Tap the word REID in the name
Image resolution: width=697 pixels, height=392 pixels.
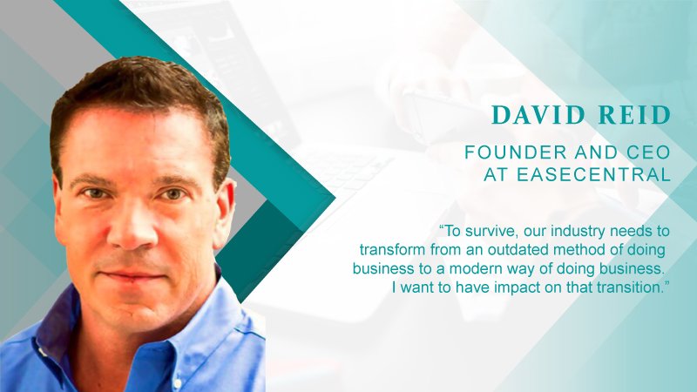click(634, 115)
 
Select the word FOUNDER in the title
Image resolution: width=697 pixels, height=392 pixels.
click(516, 152)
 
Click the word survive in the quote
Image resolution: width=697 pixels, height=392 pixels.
click(490, 231)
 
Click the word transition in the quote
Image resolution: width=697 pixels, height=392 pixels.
click(629, 287)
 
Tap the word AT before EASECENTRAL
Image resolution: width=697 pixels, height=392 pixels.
click(495, 175)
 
